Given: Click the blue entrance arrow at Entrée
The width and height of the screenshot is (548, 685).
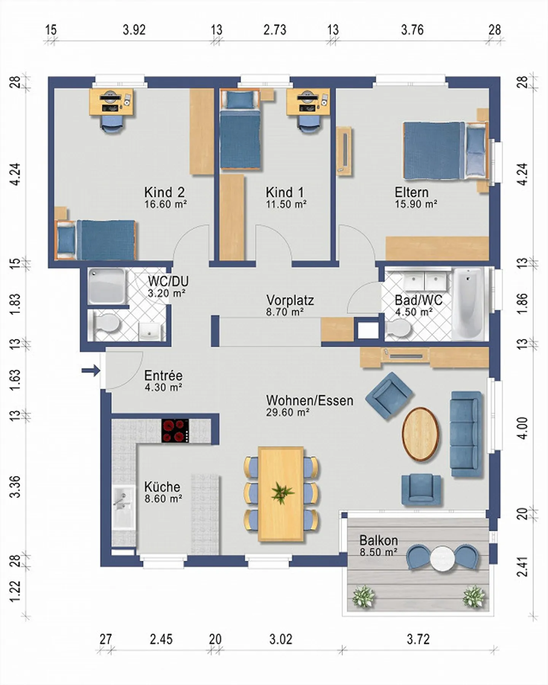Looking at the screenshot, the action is pyautogui.click(x=91, y=370).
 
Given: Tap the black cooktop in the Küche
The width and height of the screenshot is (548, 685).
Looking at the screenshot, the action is pyautogui.click(x=175, y=431).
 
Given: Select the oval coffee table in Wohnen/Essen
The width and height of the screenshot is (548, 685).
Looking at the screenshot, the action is pyautogui.click(x=420, y=434).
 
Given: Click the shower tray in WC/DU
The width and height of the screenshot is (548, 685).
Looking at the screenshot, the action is pyautogui.click(x=107, y=286).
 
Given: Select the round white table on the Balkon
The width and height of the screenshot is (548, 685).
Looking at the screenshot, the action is pyautogui.click(x=442, y=558).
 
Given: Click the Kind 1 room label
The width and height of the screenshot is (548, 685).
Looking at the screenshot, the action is pyautogui.click(x=285, y=192).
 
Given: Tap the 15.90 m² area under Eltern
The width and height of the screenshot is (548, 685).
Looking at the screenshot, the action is pyautogui.click(x=416, y=204).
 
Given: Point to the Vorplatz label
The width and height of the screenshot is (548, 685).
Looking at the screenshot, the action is pyautogui.click(x=290, y=300).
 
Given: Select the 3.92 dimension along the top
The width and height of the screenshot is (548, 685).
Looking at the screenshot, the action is pyautogui.click(x=134, y=30).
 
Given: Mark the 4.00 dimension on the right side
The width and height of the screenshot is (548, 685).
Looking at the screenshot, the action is pyautogui.click(x=523, y=429).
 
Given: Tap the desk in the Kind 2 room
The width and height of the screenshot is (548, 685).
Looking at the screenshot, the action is pyautogui.click(x=112, y=102).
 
